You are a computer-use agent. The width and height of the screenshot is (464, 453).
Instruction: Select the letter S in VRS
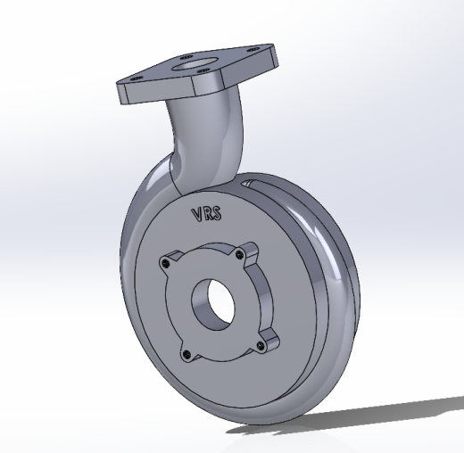point(217,213)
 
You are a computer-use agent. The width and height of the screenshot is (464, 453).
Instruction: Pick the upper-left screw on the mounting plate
point(165,263)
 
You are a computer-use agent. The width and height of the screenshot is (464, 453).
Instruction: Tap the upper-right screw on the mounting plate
point(239,254)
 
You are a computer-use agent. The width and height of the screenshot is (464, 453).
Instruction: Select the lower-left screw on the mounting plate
point(186,354)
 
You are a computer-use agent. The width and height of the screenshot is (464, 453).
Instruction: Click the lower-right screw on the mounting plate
point(261,345)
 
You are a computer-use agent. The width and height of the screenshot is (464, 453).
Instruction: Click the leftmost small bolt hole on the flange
point(136,78)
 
